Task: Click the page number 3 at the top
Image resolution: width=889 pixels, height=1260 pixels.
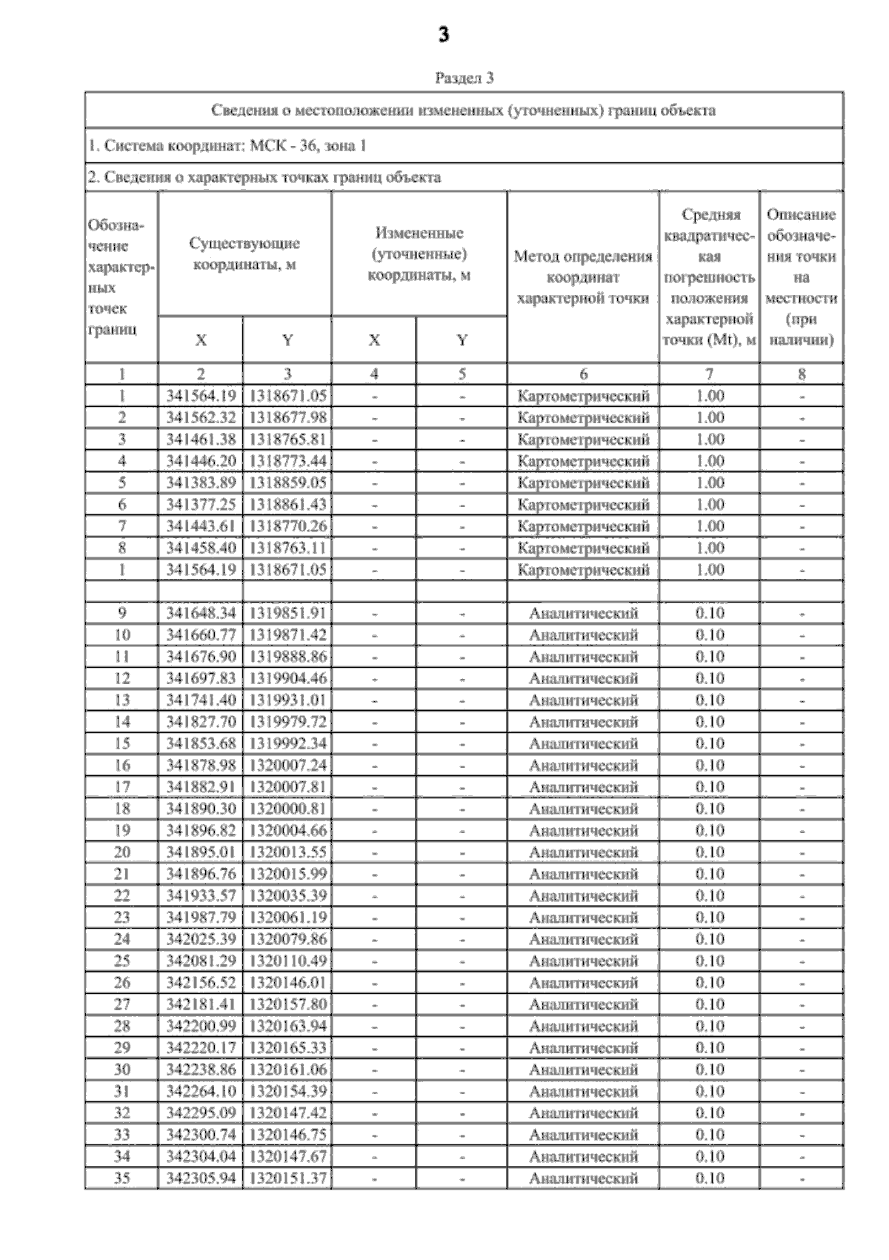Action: point(444,35)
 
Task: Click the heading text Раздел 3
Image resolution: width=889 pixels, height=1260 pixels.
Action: point(464,77)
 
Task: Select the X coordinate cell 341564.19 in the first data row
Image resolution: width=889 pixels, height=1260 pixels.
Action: point(200,396)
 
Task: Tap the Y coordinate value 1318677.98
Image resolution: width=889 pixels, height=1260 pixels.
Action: point(287,417)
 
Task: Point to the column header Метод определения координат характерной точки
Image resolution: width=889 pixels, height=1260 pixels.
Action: point(583,277)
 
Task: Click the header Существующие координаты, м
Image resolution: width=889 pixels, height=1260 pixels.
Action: point(244,253)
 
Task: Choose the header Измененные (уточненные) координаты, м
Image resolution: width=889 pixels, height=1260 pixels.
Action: point(419,253)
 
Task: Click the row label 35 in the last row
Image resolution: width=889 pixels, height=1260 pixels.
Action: point(122,1178)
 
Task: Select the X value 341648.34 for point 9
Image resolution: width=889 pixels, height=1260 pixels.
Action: point(200,613)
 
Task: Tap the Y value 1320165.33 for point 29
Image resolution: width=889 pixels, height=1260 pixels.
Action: point(287,1047)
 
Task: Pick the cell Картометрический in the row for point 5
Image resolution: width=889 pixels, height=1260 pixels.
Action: point(583,483)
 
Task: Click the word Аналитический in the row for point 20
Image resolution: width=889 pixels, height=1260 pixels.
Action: point(583,852)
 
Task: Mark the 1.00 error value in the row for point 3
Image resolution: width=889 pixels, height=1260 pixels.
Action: point(710,439)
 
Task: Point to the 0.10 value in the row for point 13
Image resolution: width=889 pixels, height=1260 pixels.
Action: point(710,700)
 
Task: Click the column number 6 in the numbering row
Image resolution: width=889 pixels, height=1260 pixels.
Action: point(583,374)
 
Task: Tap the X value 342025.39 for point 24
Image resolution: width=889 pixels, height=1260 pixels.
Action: point(200,939)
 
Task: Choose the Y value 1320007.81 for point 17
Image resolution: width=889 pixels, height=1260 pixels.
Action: point(287,786)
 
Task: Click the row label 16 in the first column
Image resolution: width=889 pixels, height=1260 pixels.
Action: point(122,765)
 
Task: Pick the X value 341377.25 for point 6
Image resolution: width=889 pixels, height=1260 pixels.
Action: point(200,504)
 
